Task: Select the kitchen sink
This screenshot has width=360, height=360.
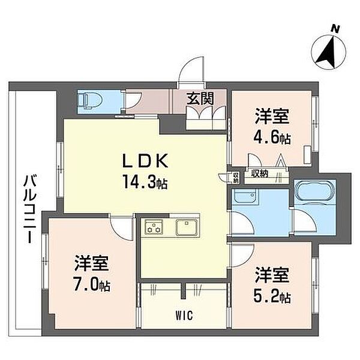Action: click(x=187, y=227)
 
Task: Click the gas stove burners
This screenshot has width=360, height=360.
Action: click(x=154, y=227)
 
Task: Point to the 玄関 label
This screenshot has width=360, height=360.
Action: click(x=200, y=98)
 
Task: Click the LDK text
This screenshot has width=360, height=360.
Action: click(x=145, y=161)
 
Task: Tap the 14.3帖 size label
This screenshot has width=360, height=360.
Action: click(x=145, y=181)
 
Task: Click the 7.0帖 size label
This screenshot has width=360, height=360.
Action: click(x=91, y=284)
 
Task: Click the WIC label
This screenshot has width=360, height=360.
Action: click(x=184, y=316)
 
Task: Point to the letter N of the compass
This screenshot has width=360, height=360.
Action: click(x=335, y=29)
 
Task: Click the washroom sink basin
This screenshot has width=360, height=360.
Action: click(x=244, y=196)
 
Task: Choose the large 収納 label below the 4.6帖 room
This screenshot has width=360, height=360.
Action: click(x=259, y=174)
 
